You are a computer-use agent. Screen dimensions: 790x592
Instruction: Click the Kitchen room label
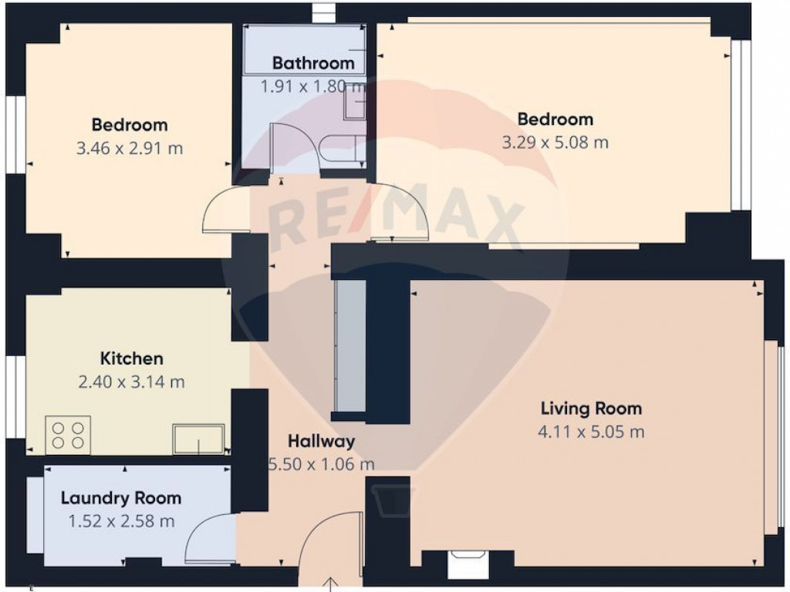click(131, 358)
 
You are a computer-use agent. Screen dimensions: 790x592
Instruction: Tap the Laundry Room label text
click(121, 498)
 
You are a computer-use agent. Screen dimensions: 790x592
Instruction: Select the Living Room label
click(591, 409)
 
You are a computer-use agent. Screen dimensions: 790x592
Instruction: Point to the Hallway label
click(322, 442)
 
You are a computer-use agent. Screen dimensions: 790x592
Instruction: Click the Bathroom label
click(313, 63)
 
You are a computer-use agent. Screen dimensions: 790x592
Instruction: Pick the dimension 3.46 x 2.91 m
click(130, 149)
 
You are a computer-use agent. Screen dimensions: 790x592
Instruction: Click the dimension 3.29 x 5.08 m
click(555, 143)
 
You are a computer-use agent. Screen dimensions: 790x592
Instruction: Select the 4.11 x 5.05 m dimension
click(591, 432)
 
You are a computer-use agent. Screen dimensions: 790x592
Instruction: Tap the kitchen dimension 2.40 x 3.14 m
click(131, 382)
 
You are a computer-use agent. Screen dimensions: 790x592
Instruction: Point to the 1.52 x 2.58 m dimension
click(121, 521)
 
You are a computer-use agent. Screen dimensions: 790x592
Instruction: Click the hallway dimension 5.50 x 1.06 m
click(322, 464)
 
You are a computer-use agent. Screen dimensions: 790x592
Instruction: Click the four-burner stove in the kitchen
click(68, 436)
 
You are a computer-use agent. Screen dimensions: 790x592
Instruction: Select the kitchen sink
click(198, 439)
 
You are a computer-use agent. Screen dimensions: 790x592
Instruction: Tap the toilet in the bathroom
click(343, 149)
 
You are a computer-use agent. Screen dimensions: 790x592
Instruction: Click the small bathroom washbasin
click(355, 106)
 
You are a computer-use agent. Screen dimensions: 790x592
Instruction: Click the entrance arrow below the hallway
click(330, 584)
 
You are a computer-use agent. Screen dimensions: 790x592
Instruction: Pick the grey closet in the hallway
click(351, 346)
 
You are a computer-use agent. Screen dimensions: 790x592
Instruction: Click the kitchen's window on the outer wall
click(17, 397)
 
